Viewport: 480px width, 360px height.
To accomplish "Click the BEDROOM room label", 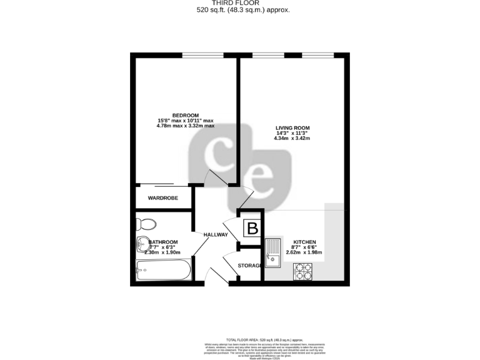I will tap(185, 115).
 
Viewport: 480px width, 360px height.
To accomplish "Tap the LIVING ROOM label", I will tap(292, 128).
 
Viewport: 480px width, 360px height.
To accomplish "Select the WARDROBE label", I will tap(162, 198).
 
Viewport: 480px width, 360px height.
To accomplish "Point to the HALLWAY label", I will tap(216, 234).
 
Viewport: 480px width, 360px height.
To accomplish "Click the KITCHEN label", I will tap(305, 242).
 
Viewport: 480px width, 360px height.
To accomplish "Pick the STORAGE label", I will tap(249, 266).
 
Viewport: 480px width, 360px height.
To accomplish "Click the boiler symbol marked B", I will tap(252, 229).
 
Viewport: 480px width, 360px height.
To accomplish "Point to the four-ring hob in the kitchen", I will tap(303, 271).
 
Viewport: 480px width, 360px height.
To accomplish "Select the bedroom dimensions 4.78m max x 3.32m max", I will tap(185, 126).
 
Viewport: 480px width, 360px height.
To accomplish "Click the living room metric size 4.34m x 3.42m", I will tap(292, 138).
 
